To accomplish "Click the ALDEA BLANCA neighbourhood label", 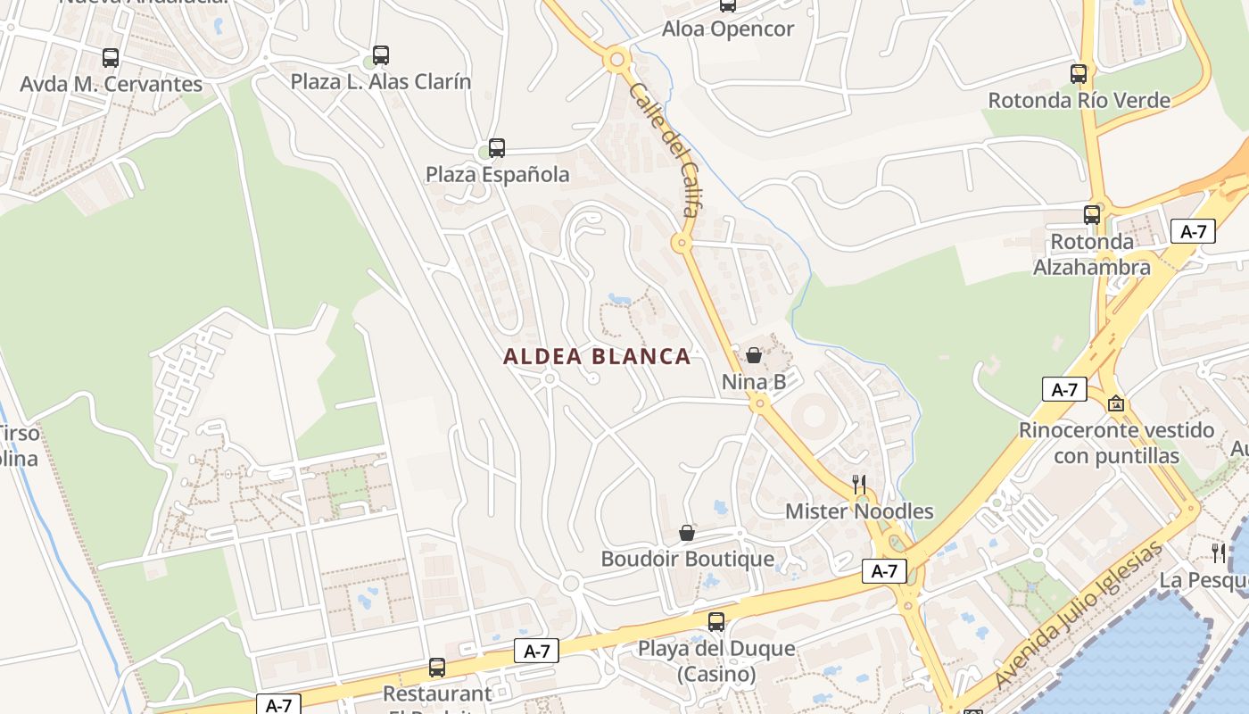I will click(x=597, y=357).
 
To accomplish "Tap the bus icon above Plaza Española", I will click(x=497, y=148).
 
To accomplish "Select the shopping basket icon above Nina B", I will click(x=754, y=355).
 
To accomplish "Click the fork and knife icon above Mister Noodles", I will click(x=859, y=485).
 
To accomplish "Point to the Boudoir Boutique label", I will click(x=687, y=560).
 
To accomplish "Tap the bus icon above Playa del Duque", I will click(x=716, y=622).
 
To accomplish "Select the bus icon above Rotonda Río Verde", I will click(x=1079, y=74).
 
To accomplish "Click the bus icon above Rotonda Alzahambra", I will click(x=1092, y=215).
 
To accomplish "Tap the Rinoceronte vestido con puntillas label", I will click(x=1116, y=443).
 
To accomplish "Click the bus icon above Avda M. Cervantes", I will click(x=111, y=58).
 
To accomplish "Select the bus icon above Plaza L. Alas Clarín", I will click(x=381, y=55).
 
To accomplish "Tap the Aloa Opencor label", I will click(x=727, y=29).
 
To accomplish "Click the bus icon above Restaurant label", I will click(x=437, y=667).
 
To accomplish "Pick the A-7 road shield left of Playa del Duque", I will click(x=537, y=652).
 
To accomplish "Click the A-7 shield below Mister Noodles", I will click(x=884, y=571).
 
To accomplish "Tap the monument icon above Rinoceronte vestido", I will click(x=1115, y=404).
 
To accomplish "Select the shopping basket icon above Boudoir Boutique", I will click(x=687, y=534).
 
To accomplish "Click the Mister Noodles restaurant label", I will click(x=859, y=511).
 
